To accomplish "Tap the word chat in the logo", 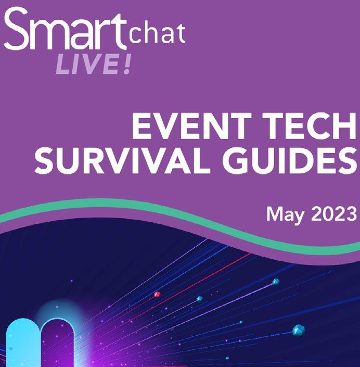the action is point(158,33).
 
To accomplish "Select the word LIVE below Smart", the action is point(87,64).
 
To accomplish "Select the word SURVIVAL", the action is point(119,160).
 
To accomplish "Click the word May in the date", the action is point(286,215).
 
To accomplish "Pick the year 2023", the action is point(334,214).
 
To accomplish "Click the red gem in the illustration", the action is point(157,294).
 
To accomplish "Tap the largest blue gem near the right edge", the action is point(299,331).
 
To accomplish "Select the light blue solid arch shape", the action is point(23,343).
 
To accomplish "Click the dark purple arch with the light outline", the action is point(58,343).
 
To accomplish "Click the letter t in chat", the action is point(181,33).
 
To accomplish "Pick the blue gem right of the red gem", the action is point(199,299).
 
